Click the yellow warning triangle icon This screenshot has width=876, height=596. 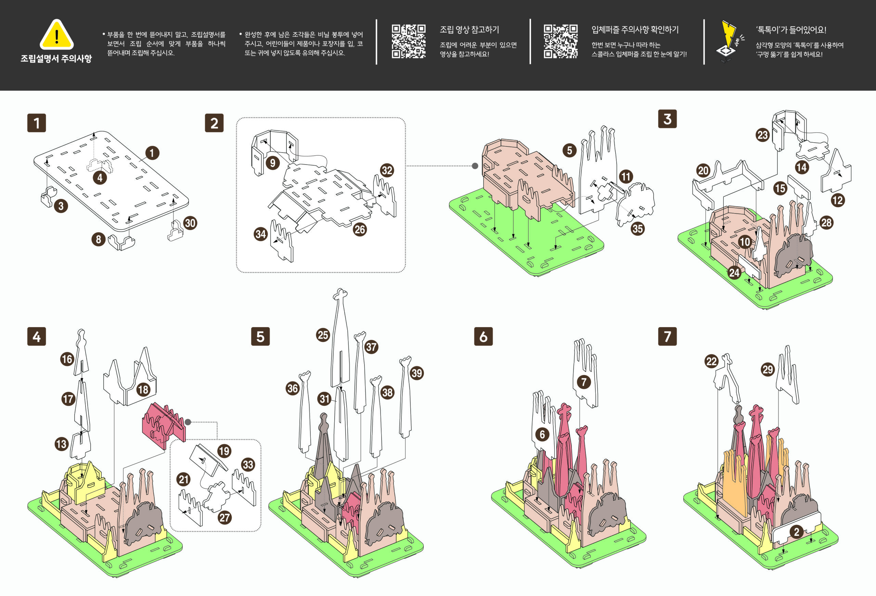tap(56, 35)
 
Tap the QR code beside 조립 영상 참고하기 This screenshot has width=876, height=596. tap(409, 41)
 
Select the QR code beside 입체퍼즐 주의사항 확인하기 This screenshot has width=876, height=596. tap(561, 41)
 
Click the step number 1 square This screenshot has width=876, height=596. tap(37, 123)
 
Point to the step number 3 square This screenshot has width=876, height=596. tap(667, 119)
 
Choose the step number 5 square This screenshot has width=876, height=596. tap(260, 336)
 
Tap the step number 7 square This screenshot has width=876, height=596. tap(667, 336)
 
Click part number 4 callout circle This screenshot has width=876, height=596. tap(100, 178)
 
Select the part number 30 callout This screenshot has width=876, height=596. tap(190, 223)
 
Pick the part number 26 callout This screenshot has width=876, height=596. tap(360, 229)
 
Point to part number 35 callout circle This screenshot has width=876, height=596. tap(637, 229)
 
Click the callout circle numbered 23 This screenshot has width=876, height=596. tap(762, 135)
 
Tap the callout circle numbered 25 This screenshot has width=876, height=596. tap(323, 335)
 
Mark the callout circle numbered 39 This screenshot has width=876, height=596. tap(416, 373)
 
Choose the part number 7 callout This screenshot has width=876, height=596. tap(584, 382)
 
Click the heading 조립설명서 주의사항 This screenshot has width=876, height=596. tap(56, 59)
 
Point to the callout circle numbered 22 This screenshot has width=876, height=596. tap(711, 362)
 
